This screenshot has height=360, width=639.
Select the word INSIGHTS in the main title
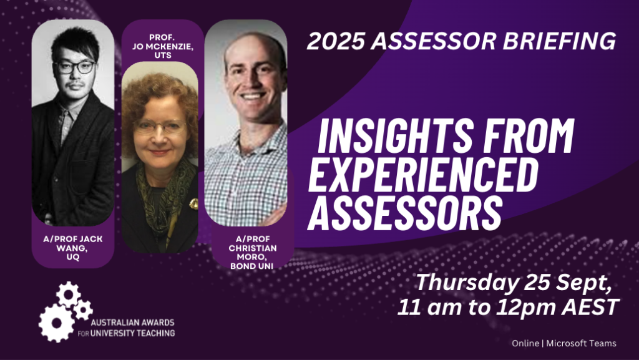tap(394, 135)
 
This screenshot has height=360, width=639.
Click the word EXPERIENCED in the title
tap(423, 175)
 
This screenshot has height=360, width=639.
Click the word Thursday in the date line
tap(467, 282)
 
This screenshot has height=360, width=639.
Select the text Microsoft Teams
tap(581, 343)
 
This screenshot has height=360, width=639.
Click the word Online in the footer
tap(525, 343)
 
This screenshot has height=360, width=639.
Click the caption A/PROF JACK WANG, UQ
tap(73, 248)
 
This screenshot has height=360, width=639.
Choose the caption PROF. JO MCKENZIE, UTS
tap(163, 46)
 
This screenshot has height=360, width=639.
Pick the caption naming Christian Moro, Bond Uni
tap(252, 253)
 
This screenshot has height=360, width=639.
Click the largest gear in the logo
tap(57, 323)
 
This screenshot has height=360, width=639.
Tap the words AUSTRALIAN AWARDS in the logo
tap(132, 323)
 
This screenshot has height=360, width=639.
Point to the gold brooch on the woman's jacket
tap(194, 203)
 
